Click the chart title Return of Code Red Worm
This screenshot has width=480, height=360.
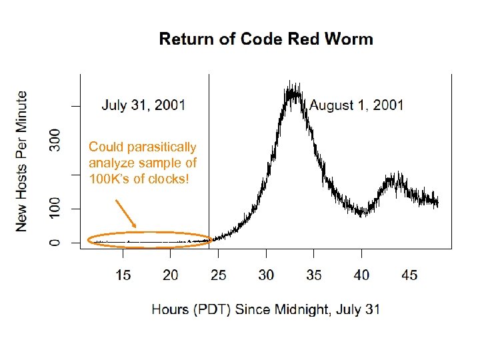coord(266,39)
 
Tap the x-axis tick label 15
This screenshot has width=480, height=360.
coord(123,275)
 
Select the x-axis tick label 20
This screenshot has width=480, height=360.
coord(171,275)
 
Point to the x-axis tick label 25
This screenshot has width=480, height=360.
coord(218,275)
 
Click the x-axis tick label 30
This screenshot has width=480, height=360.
coord(266,275)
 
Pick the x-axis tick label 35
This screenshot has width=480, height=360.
coord(313,275)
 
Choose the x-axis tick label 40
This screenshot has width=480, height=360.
coord(361,275)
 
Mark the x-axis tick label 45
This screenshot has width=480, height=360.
coord(409,275)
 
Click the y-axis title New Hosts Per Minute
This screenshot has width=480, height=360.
coord(22,161)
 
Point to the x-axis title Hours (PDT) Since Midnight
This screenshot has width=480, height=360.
coord(266,309)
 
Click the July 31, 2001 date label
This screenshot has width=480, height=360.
coord(143,105)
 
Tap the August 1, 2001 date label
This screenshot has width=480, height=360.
coord(357,105)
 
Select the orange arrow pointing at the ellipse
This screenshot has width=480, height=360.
coord(125,213)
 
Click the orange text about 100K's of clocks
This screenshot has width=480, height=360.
coord(143,163)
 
